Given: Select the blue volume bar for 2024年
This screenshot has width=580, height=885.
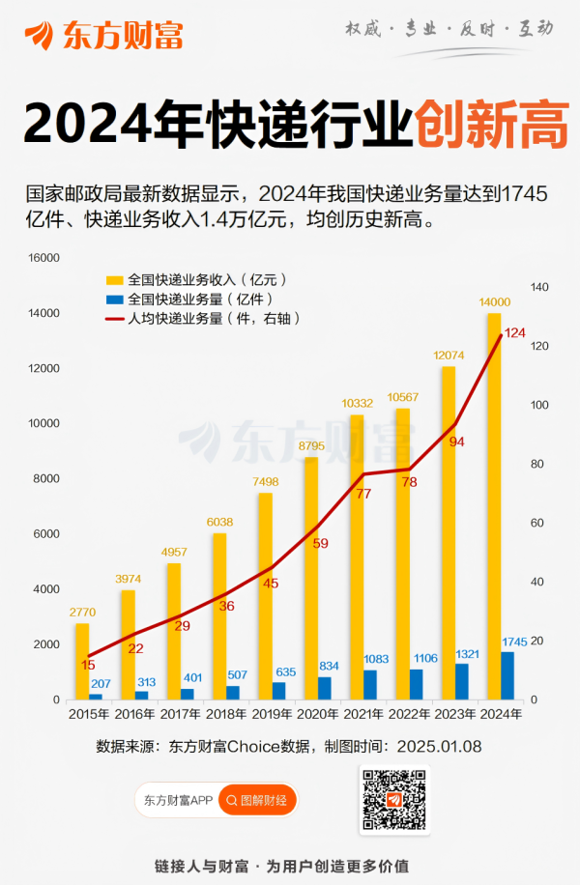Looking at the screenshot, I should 507,675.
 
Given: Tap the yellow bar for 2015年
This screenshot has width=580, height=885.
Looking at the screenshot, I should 82,661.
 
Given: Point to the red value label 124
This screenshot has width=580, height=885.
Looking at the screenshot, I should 515,332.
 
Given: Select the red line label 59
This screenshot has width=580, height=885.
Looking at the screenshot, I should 322,543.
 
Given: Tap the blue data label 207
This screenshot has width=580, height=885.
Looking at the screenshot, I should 101,683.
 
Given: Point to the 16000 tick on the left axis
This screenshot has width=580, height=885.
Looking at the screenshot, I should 44,258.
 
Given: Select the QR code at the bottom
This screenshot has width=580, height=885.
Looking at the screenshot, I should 393,801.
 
